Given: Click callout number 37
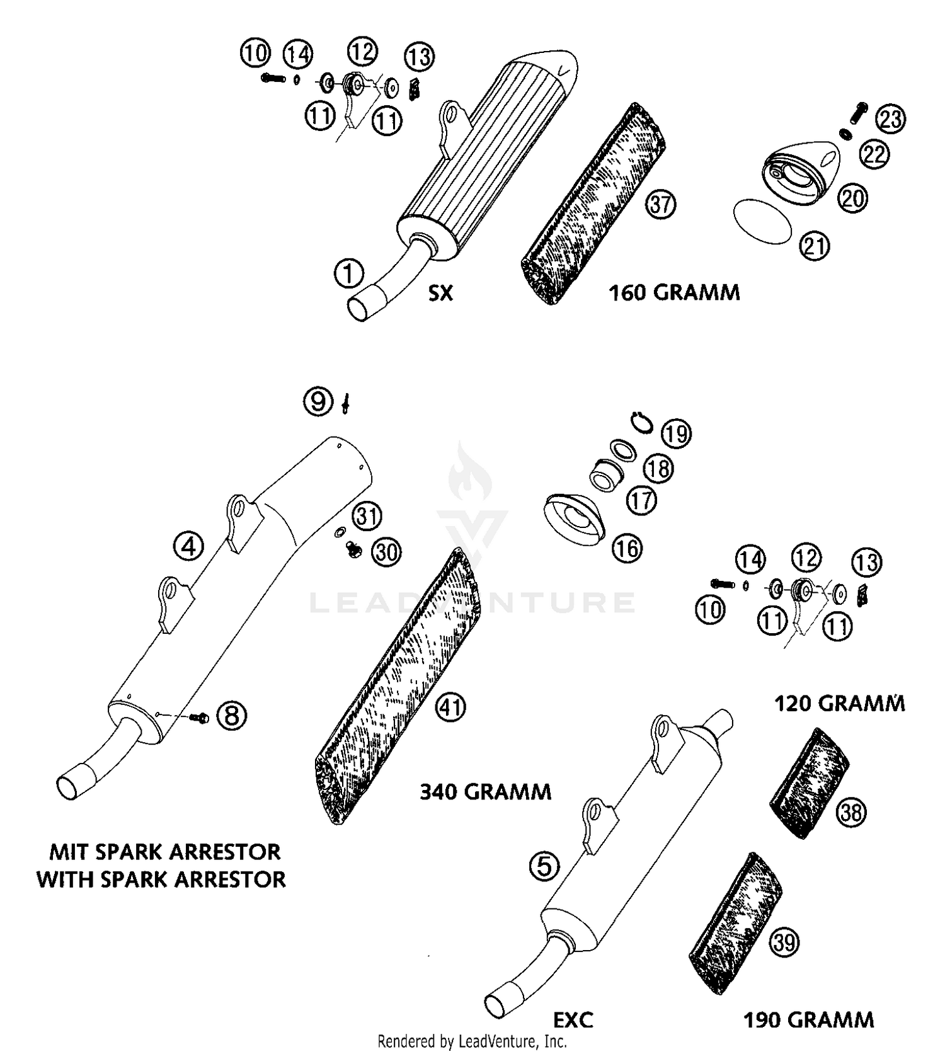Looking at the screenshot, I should [660, 205].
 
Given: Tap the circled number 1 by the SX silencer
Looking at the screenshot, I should [349, 274].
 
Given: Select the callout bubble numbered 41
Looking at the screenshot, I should [450, 707].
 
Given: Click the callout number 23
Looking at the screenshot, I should [891, 119].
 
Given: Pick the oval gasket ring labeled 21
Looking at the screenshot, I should [763, 221].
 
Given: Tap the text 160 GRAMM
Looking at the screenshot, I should [673, 292].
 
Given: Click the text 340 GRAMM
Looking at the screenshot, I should [485, 791].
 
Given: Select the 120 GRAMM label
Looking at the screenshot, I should [839, 703].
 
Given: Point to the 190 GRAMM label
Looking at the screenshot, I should [809, 1019].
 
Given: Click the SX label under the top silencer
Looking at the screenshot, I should [440, 293].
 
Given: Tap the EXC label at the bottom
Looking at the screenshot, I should [573, 1019].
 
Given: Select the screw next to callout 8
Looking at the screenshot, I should [202, 717].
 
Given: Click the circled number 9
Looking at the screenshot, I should [318, 401].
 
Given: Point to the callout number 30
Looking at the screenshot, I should [386, 552].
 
